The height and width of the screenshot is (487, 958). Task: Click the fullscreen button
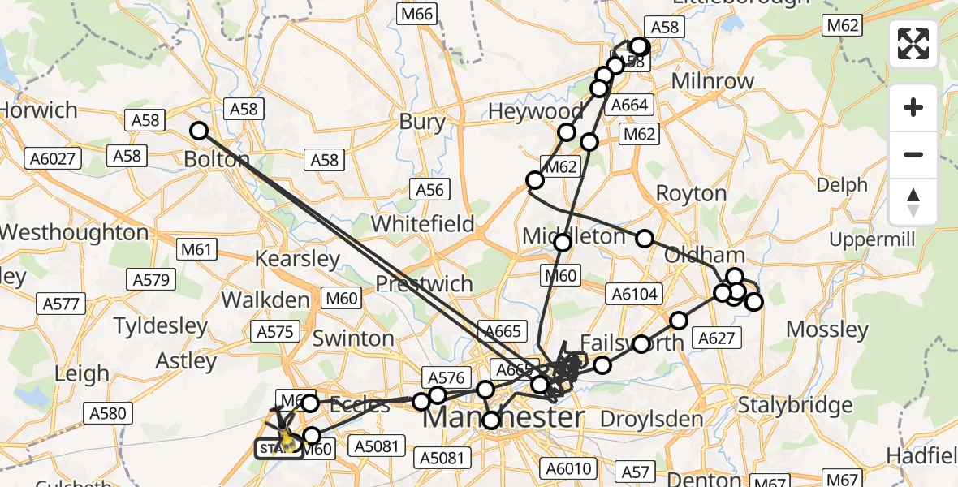point(913,44)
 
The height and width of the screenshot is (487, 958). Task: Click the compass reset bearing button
point(913,202)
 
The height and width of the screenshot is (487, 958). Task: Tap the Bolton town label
point(217,159)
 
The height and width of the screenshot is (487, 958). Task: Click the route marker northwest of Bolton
point(199,131)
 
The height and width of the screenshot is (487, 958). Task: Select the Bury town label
point(422,123)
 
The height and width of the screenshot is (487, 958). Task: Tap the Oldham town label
point(693,255)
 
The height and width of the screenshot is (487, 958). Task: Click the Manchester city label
point(503,419)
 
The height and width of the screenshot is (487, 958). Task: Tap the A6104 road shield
point(636,294)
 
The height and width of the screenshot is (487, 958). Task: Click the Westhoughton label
point(74,233)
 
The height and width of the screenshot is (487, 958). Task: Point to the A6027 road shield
point(54,158)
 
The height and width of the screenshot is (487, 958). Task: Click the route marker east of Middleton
point(644,239)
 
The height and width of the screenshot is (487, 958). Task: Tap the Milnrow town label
point(713,81)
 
